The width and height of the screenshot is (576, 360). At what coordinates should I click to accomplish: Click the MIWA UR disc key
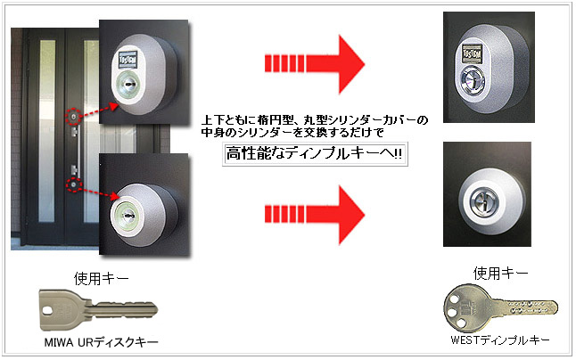click(x=97, y=309)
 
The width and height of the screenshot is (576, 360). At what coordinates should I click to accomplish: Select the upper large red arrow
click(x=315, y=64)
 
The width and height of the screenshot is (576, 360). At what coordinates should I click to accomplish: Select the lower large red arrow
click(x=315, y=215)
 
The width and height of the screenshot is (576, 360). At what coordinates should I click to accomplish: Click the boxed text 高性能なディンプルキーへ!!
click(x=315, y=154)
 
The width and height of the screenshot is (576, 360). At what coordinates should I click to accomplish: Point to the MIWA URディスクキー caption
click(x=101, y=342)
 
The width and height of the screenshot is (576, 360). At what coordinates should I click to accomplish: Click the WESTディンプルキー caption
click(x=500, y=340)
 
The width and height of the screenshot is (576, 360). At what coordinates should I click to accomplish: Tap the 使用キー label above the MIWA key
click(x=101, y=279)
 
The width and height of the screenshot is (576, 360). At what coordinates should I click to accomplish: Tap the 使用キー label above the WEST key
click(x=500, y=273)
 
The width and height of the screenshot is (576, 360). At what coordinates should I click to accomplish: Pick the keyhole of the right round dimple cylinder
click(x=482, y=200)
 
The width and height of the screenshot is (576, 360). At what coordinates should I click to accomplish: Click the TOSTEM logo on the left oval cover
click(x=128, y=59)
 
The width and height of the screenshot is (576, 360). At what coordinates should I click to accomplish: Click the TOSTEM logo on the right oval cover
click(x=472, y=54)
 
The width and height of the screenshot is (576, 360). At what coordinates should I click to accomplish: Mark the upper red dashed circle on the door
click(x=74, y=117)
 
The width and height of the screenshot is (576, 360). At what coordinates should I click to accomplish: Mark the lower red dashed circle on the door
click(x=74, y=184)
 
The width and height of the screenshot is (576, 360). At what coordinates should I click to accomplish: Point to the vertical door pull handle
click(x=77, y=151)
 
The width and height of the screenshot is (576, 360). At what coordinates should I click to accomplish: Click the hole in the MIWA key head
click(x=48, y=311)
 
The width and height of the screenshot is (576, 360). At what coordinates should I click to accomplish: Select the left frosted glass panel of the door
click(x=46, y=131)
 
